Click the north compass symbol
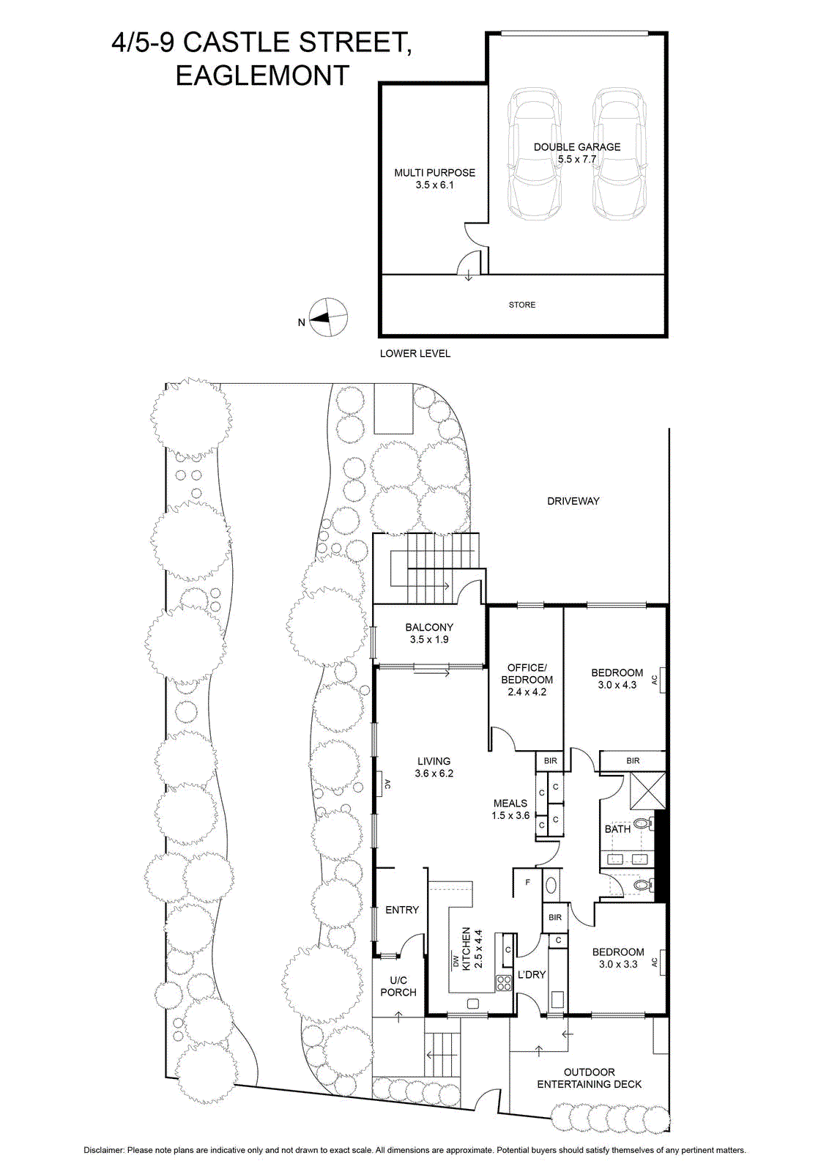(329, 318)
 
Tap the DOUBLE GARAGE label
(577, 153)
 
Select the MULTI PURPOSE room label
(434, 179)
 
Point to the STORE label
(522, 305)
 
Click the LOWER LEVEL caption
(414, 353)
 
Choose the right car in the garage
(620, 155)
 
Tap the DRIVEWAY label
(573, 501)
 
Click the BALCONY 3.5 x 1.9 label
(429, 633)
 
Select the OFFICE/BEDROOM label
(527, 680)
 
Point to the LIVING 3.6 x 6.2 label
(434, 767)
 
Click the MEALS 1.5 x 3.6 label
(510, 809)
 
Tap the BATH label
(617, 829)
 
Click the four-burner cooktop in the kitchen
(503, 983)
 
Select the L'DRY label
(532, 974)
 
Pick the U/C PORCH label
(398, 986)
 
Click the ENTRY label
(402, 910)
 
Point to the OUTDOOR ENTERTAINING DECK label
(589, 1078)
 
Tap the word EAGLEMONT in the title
(263, 76)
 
